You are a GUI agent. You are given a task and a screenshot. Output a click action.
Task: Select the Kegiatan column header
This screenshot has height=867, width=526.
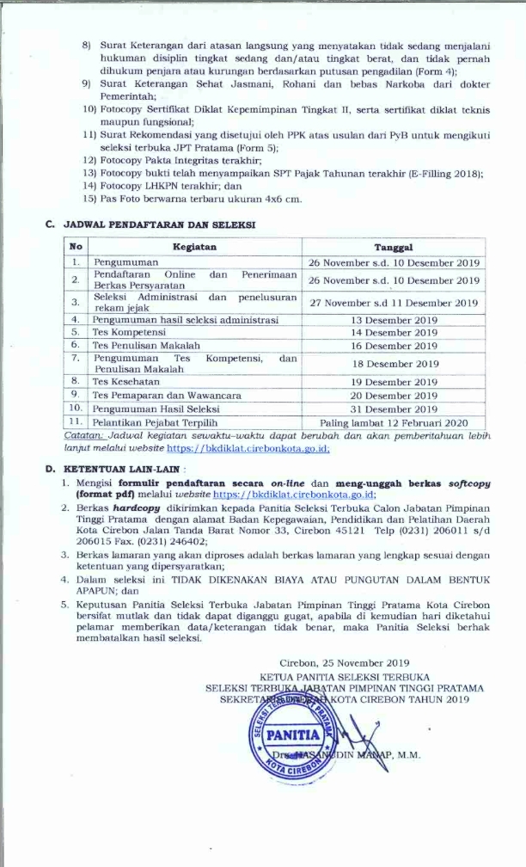(x=193, y=247)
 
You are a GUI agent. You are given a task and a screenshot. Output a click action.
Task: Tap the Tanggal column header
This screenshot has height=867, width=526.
(x=394, y=247)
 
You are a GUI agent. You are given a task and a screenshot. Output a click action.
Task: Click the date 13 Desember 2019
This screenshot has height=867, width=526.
(x=394, y=319)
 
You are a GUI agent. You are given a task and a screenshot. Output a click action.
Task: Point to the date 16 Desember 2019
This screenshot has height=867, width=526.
(x=394, y=345)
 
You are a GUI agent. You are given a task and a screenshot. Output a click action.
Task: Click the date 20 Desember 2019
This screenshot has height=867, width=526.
(x=394, y=394)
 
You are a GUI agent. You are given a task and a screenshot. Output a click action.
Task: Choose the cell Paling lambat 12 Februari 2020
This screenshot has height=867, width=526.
(x=394, y=422)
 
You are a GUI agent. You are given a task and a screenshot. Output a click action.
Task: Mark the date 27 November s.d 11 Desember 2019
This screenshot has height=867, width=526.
(x=394, y=302)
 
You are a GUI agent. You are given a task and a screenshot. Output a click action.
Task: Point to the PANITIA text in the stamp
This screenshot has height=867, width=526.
(x=294, y=735)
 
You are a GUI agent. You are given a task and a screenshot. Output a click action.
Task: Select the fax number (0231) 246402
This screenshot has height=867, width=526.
(x=176, y=542)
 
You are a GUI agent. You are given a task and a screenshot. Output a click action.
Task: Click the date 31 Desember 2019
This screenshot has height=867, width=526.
(x=394, y=409)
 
